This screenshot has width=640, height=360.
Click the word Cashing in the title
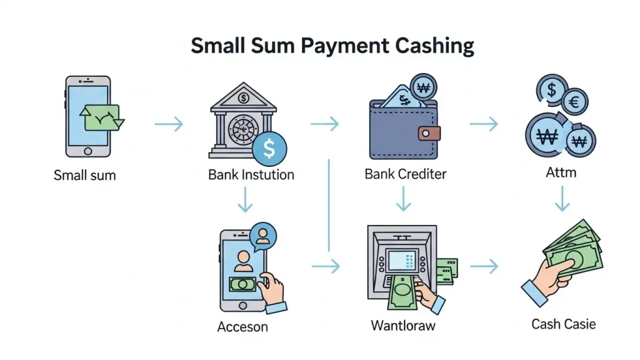tap(434, 45)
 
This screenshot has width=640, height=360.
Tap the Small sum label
tap(85, 176)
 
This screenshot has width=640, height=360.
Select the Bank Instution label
tap(251, 175)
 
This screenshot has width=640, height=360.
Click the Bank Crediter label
tap(405, 174)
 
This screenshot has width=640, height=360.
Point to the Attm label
tap(561, 172)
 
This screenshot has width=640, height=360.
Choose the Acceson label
tap(242, 326)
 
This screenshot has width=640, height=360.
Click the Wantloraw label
tap(403, 326)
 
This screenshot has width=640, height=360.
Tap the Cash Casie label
tap(563, 324)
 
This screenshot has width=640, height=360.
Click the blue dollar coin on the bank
tap(269, 149)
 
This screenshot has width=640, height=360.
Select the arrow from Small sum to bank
tap(169, 124)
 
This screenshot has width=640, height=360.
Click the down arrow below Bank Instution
tap(245, 199)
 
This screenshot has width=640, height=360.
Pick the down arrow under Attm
tap(562, 199)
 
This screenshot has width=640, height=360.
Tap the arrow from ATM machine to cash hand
tap(484, 266)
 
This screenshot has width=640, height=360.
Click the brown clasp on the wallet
tap(429, 134)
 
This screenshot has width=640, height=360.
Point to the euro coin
tap(575, 101)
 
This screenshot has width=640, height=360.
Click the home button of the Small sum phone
tap(87, 151)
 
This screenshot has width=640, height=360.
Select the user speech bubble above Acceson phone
tap(263, 237)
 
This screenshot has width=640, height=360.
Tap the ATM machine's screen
tap(402, 260)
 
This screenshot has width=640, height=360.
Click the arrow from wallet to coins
tap(484, 124)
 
